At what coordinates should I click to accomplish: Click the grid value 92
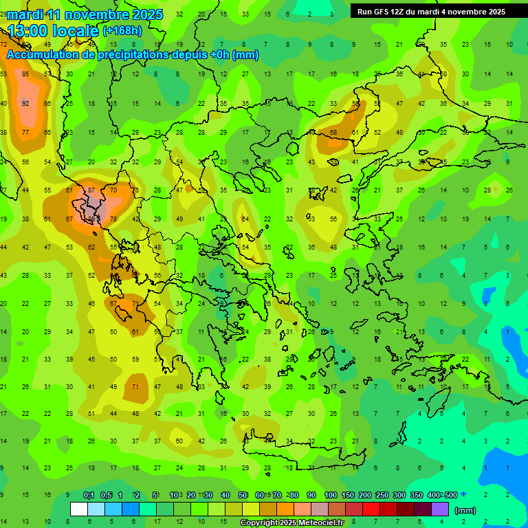click(25, 104)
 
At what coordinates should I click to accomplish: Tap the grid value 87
click(91, 190)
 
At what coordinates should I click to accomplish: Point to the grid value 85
click(25, 74)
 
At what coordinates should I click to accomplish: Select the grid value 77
click(25, 133)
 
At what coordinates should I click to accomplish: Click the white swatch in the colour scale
click(79, 509)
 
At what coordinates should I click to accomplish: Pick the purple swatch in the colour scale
click(440, 509)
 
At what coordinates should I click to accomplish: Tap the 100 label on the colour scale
click(331, 496)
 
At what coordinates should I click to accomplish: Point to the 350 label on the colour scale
click(417, 496)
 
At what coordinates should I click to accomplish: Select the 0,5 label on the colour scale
click(106, 496)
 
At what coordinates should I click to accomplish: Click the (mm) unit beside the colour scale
click(465, 510)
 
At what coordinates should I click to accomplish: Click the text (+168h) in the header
click(122, 30)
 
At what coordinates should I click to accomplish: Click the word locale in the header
click(77, 30)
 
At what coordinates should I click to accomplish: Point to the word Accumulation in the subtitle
click(47, 55)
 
